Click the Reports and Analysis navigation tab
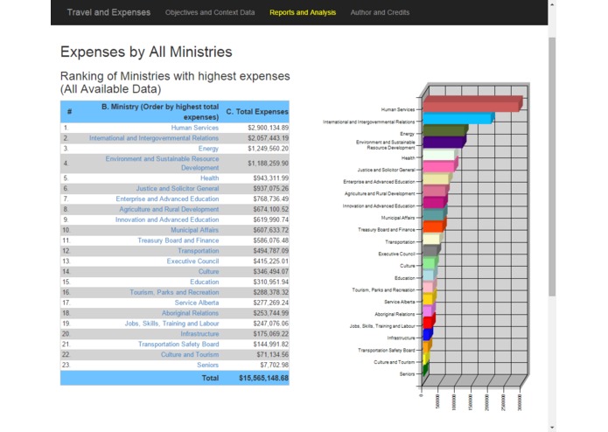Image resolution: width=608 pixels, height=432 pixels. click(x=303, y=13)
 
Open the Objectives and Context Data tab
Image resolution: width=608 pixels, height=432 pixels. click(x=210, y=13)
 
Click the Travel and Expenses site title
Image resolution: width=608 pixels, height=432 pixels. click(x=108, y=12)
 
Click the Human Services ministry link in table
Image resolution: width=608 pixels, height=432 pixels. click(x=194, y=128)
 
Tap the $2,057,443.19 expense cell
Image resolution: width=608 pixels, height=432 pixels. click(x=268, y=138)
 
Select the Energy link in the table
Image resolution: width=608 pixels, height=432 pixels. click(x=208, y=149)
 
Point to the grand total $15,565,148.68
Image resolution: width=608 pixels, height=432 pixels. click(x=263, y=378)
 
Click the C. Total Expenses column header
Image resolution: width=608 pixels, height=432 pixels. click(x=256, y=112)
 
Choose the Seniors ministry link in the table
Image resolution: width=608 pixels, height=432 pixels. click(x=207, y=365)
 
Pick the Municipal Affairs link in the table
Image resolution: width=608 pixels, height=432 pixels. click(x=194, y=230)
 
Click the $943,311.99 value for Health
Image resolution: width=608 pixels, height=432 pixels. click(x=268, y=178)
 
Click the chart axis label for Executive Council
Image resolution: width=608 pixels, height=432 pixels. click(x=396, y=254)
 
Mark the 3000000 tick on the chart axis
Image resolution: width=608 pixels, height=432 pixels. click(x=520, y=401)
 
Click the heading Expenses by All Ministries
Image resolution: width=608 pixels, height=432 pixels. click(x=146, y=52)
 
